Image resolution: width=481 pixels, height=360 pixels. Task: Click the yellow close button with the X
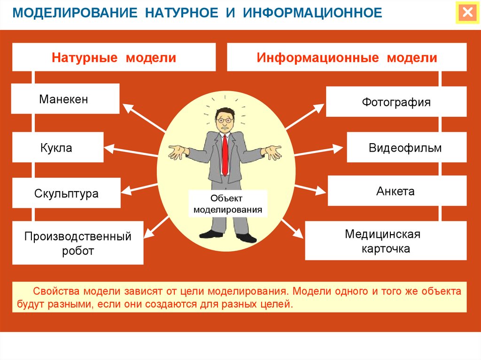pyautogui.click(x=467, y=13)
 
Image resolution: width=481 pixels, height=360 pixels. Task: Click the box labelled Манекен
pyautogui.click(x=65, y=99)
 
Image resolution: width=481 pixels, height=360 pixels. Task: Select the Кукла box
pyautogui.click(x=58, y=147)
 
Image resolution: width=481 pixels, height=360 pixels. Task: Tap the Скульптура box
pyautogui.click(x=66, y=193)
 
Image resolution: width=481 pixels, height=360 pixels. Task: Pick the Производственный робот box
pyautogui.click(x=78, y=243)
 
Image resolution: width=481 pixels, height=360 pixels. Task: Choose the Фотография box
pyautogui.click(x=396, y=102)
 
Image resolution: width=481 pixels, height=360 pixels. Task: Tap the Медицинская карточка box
pyautogui.click(x=386, y=241)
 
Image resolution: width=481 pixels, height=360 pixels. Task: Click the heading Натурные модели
pyautogui.click(x=114, y=57)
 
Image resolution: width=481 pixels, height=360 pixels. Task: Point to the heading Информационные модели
pyautogui.click(x=347, y=57)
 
